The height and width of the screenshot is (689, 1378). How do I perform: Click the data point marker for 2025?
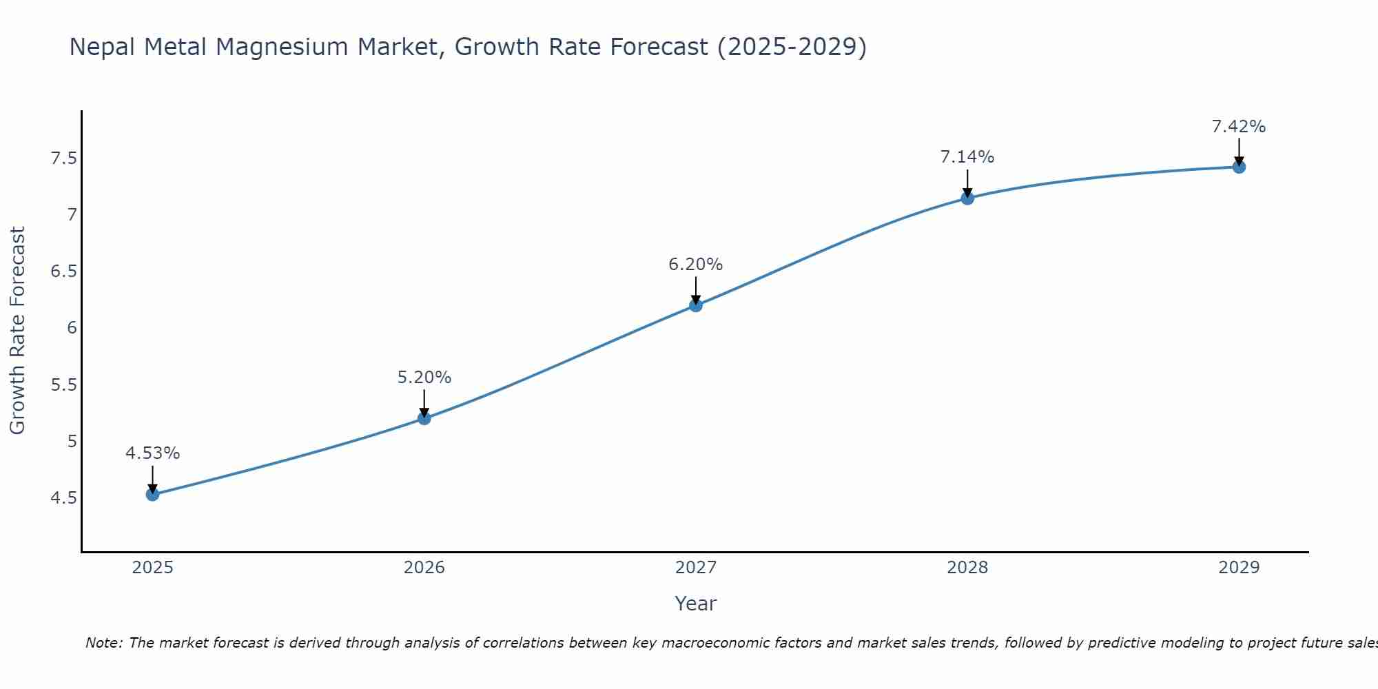pos(153,494)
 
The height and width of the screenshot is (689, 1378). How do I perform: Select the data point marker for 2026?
pos(424,418)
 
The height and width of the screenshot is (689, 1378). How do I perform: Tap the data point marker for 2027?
pos(696,305)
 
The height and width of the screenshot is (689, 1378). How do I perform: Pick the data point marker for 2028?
pos(967,198)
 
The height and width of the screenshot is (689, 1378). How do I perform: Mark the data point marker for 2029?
pos(1239,167)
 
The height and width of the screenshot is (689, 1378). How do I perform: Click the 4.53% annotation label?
pos(153,453)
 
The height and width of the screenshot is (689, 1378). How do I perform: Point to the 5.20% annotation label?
pos(424,378)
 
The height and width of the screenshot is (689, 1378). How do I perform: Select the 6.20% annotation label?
pos(696,265)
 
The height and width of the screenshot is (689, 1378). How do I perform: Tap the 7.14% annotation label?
pos(967,157)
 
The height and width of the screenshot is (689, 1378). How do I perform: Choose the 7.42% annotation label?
pos(1239,127)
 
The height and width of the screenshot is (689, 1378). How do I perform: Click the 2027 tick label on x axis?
pos(696,568)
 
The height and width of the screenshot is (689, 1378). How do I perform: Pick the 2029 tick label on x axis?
pos(1239,568)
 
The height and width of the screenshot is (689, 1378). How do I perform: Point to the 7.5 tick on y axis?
pos(63,159)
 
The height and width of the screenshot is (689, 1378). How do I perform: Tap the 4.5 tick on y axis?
pos(63,498)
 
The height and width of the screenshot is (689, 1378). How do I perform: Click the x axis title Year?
pos(696,604)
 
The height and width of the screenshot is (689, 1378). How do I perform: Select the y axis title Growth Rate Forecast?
pos(17,331)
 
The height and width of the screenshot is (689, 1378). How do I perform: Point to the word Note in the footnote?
pos(103,643)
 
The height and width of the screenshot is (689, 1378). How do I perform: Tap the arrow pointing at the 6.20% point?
pos(696,289)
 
